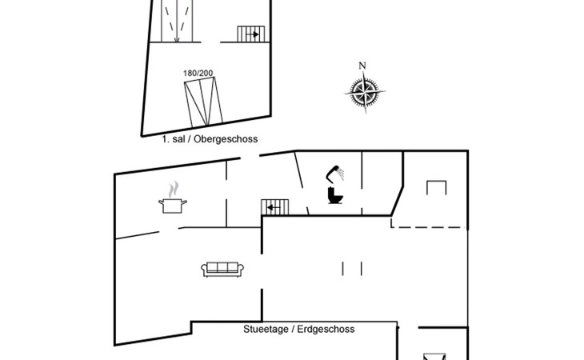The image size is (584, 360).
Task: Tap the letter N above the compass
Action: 362,66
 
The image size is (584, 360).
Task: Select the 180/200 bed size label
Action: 198,74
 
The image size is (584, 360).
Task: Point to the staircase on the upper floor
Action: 250,34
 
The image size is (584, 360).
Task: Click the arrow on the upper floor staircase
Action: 254,34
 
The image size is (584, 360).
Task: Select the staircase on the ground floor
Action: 274,207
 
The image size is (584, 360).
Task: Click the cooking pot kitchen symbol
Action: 173,205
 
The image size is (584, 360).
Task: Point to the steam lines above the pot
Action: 172,190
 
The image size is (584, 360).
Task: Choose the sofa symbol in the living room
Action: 223,269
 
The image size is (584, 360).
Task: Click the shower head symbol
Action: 334,171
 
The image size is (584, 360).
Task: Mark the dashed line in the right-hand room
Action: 428,227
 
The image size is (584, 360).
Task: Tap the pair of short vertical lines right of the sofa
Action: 352,267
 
